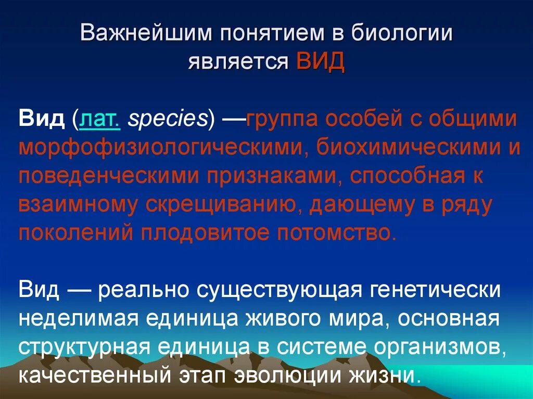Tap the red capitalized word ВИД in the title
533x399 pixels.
click(x=320, y=62)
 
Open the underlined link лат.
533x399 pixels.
click(x=100, y=120)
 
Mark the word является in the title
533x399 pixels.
click(x=238, y=62)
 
